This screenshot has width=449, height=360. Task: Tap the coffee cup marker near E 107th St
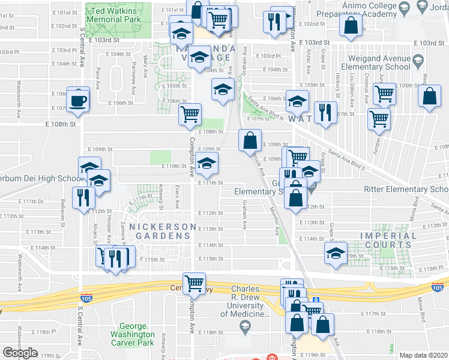point(78,99)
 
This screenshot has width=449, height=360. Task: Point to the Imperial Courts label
point(388,239)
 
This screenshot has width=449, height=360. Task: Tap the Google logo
point(20,353)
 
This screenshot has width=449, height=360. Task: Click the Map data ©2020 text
point(424,355)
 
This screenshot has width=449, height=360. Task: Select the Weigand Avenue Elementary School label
point(374,62)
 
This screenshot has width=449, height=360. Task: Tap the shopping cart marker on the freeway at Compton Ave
point(194,282)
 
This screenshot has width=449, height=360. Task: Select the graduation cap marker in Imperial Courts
point(336,253)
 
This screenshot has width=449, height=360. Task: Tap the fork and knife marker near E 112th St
point(82,197)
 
